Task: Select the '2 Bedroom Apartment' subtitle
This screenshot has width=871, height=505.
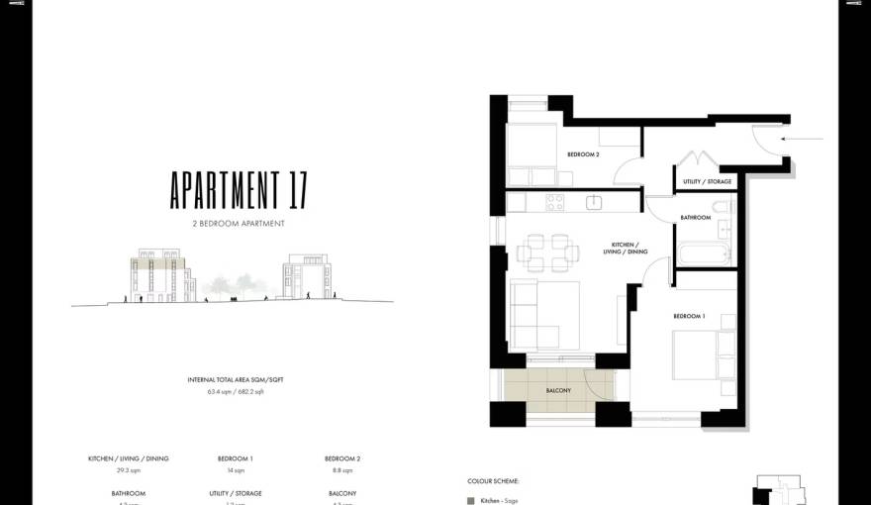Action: pyautogui.click(x=239, y=224)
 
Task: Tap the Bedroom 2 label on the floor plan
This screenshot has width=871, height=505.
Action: pyautogui.click(x=583, y=154)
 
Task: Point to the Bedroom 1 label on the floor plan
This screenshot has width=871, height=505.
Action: pyautogui.click(x=689, y=316)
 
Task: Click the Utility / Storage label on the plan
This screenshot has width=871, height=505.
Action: pyautogui.click(x=707, y=182)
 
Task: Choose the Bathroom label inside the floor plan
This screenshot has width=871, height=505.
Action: pyautogui.click(x=695, y=218)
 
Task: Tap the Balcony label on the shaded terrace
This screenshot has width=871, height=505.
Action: pyautogui.click(x=558, y=390)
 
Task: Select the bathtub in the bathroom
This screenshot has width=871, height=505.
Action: pyautogui.click(x=702, y=252)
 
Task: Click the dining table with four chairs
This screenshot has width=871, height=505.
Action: pyautogui.click(x=547, y=252)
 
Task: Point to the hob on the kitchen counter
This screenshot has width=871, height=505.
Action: pyautogui.click(x=554, y=202)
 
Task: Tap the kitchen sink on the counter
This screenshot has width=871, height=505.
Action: pyautogui.click(x=594, y=202)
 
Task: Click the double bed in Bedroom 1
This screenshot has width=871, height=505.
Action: pyautogui.click(x=703, y=355)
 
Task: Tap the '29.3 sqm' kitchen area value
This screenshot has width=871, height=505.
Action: pyautogui.click(x=129, y=470)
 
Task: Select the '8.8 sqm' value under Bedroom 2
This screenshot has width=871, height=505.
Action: pyautogui.click(x=342, y=470)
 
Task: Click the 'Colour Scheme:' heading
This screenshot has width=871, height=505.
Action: pyautogui.click(x=493, y=481)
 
